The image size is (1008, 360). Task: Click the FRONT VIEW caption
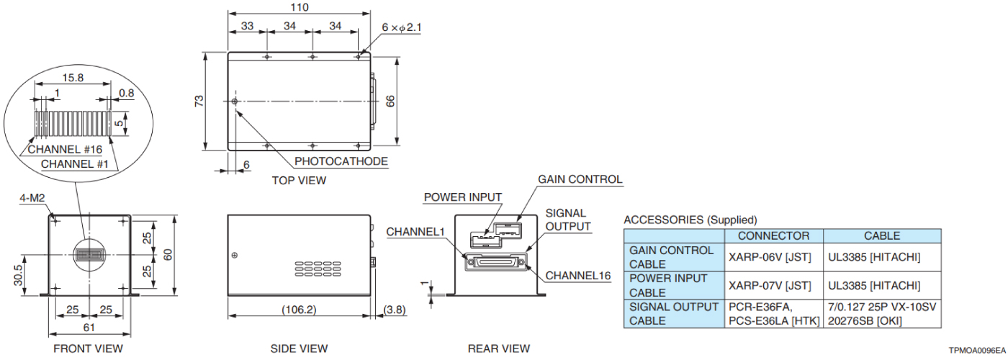[x=88, y=348]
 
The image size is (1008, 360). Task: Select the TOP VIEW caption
[x=299, y=180]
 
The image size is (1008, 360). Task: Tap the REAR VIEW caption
[x=499, y=348]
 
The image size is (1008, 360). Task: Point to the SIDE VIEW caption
[x=299, y=348]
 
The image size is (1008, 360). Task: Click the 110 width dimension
[x=299, y=7]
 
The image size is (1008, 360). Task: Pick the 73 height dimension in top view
[x=199, y=101]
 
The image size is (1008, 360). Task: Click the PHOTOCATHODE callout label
[x=341, y=161]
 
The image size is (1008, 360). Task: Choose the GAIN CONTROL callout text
[x=580, y=179]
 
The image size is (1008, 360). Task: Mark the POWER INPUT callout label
[x=463, y=197]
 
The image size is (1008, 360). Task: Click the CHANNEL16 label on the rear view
[x=579, y=275]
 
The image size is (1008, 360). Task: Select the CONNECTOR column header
[x=774, y=235]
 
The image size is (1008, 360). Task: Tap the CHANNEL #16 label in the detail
[x=63, y=150]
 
